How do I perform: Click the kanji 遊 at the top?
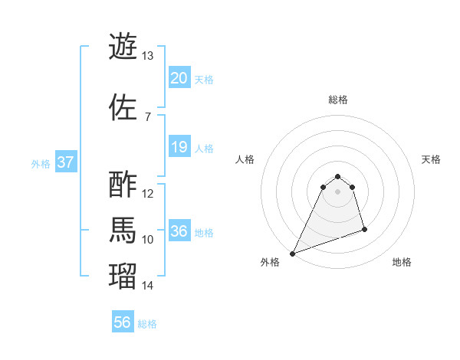pos(123,46)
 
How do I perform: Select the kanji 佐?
pos(123,106)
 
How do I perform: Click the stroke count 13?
pos(148,56)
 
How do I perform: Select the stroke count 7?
pos(147,116)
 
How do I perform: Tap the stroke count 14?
pos(148,286)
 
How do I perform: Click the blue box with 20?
pos(179,78)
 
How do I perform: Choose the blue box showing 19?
pos(179,147)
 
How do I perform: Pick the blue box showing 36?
pos(179,231)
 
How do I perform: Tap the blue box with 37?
pos(65,162)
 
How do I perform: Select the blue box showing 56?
pos(123,322)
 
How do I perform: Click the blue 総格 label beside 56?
pos(147,324)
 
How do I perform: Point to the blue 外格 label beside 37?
pos(41,163)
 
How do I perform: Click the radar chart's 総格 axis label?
pos(338,100)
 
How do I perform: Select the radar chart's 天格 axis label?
pos(431,159)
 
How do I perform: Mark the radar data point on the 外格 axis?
pos(292,254)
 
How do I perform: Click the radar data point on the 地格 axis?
pos(364,229)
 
